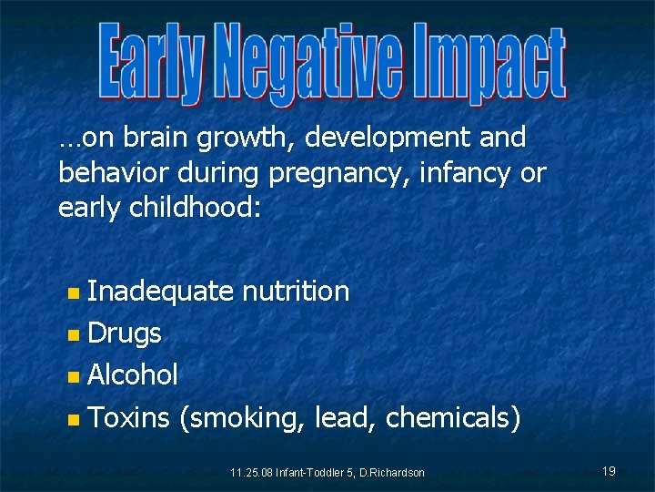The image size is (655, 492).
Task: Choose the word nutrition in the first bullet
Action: point(296,292)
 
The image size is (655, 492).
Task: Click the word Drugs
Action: point(125,334)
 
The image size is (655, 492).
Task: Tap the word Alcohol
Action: point(133,374)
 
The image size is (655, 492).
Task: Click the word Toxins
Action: point(129,417)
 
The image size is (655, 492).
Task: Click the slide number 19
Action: point(609,471)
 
